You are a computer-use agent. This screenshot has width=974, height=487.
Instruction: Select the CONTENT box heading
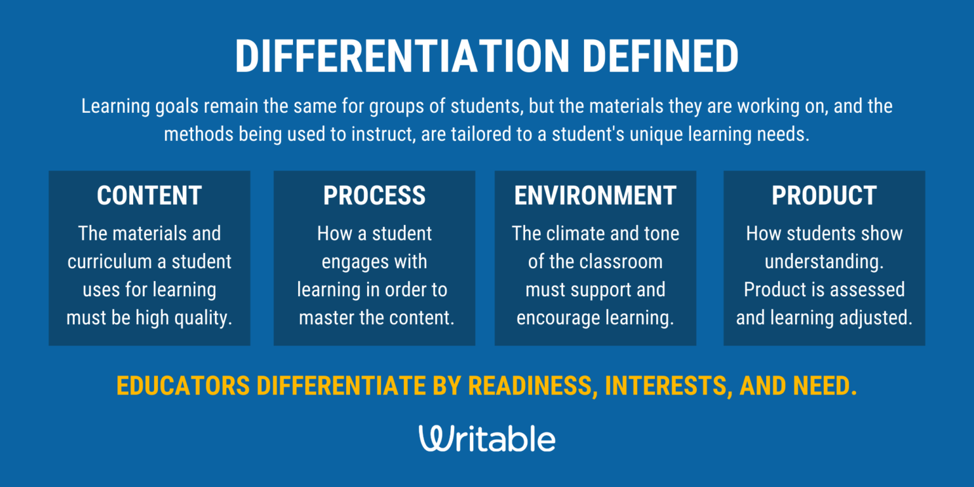[149, 196]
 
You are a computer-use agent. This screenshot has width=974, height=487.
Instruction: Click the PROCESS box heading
[374, 196]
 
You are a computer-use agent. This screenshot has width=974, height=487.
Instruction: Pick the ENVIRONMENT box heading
[595, 196]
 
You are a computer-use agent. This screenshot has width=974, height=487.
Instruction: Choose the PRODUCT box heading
[824, 196]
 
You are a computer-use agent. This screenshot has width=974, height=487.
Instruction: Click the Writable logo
[487, 439]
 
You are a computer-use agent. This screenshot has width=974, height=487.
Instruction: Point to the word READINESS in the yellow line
[533, 386]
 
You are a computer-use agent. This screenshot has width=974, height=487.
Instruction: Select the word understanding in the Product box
[824, 262]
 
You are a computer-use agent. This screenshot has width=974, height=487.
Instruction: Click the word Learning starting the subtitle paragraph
[115, 107]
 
